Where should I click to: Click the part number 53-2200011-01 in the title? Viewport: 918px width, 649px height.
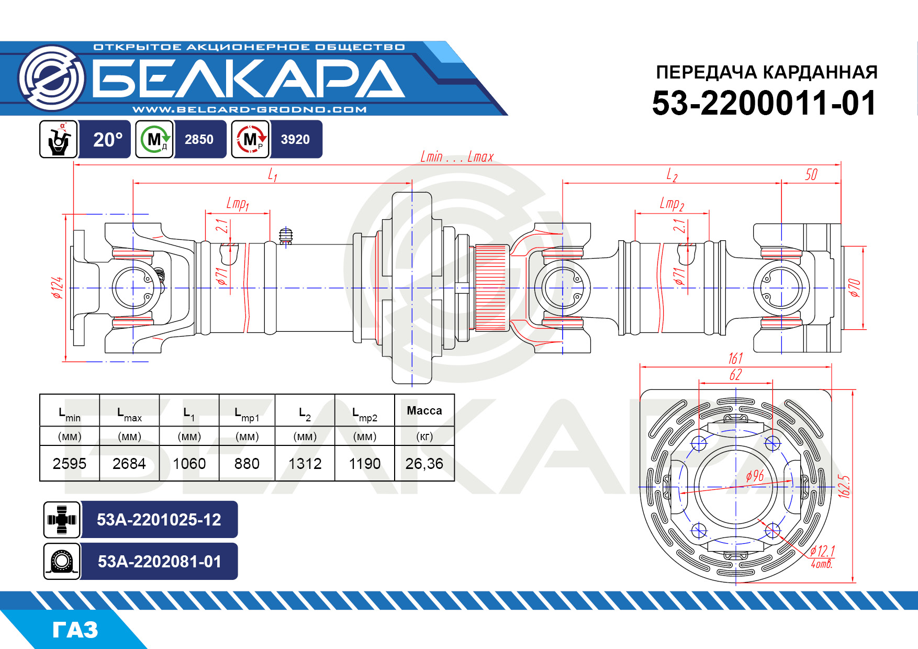(x=764, y=103)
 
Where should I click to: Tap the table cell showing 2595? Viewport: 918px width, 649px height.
(x=70, y=464)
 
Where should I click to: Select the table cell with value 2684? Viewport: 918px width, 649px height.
(x=129, y=464)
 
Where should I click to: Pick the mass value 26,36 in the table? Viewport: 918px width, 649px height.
(x=424, y=464)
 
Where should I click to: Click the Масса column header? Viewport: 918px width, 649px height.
(x=424, y=411)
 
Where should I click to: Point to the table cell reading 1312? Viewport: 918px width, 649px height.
(x=305, y=464)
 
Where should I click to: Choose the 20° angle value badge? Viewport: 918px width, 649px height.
(x=108, y=140)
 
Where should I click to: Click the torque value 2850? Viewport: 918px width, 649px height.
(x=199, y=140)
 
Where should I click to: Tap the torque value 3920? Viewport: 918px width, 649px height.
(x=295, y=140)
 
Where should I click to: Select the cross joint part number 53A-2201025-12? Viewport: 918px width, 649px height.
(x=159, y=520)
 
